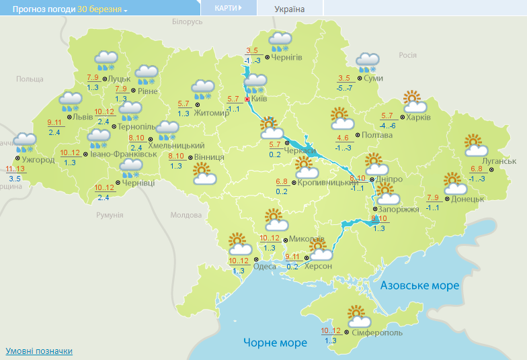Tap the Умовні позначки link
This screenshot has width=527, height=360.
[x=39, y=351]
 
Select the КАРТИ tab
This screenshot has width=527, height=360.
[x=229, y=8]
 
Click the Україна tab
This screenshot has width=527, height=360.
[x=290, y=9]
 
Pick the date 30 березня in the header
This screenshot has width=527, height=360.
[x=99, y=9]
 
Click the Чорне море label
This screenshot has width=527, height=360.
[x=275, y=343]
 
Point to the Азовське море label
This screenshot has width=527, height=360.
[x=420, y=286]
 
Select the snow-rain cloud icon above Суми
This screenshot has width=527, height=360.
[x=368, y=62]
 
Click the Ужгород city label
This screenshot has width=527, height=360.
[x=38, y=160]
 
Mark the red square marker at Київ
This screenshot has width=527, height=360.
[x=247, y=99]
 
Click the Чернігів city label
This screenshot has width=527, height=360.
[x=288, y=57]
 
